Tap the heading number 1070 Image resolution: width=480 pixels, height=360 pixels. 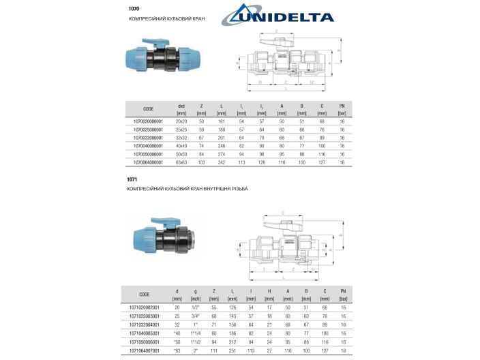tap(134, 9)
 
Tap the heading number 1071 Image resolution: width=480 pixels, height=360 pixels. tap(132, 179)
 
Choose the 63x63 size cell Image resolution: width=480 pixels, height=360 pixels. tap(181, 163)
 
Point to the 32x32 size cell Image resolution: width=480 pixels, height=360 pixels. tap(181, 138)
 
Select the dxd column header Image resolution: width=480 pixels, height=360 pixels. tap(181, 106)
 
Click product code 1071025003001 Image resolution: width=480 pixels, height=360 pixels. tap(145, 316)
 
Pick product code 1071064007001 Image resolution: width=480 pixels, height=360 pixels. tap(145, 350)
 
